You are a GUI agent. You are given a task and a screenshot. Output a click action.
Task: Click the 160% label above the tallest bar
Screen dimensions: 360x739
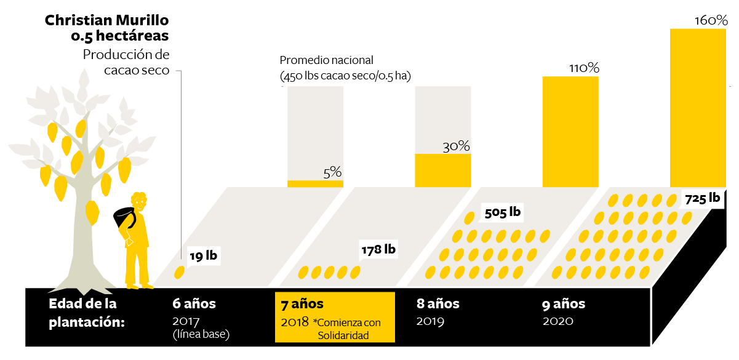[711, 20]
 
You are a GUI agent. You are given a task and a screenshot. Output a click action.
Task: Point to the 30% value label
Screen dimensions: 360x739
[456, 146]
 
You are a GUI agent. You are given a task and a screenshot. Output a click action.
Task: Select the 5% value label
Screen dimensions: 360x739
[332, 173]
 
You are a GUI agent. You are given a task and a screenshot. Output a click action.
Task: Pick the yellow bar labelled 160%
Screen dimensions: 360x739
[698, 108]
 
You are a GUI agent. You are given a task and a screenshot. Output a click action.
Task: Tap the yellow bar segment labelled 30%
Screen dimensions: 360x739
[443, 170]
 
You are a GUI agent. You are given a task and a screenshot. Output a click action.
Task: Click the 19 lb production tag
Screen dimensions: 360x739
[203, 255]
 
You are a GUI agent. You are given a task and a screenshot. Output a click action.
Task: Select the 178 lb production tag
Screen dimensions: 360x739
[378, 250]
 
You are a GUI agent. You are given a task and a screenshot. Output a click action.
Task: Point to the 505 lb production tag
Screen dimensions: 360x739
[503, 213]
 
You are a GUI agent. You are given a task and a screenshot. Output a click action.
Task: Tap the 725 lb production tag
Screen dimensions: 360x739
[702, 198]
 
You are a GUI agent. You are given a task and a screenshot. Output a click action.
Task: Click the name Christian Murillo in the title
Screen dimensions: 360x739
[106, 21]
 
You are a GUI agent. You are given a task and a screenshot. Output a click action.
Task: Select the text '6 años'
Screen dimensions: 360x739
[194, 304]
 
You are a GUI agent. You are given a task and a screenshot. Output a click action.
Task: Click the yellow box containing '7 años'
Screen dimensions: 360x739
[335, 317]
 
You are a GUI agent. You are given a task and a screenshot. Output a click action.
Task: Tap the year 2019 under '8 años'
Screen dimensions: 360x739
[431, 321]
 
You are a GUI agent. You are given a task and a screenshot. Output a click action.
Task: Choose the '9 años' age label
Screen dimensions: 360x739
[564, 304]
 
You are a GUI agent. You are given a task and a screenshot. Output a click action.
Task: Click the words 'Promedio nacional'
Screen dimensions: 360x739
[327, 60]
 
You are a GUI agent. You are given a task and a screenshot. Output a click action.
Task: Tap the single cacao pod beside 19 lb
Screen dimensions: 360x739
[180, 271]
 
